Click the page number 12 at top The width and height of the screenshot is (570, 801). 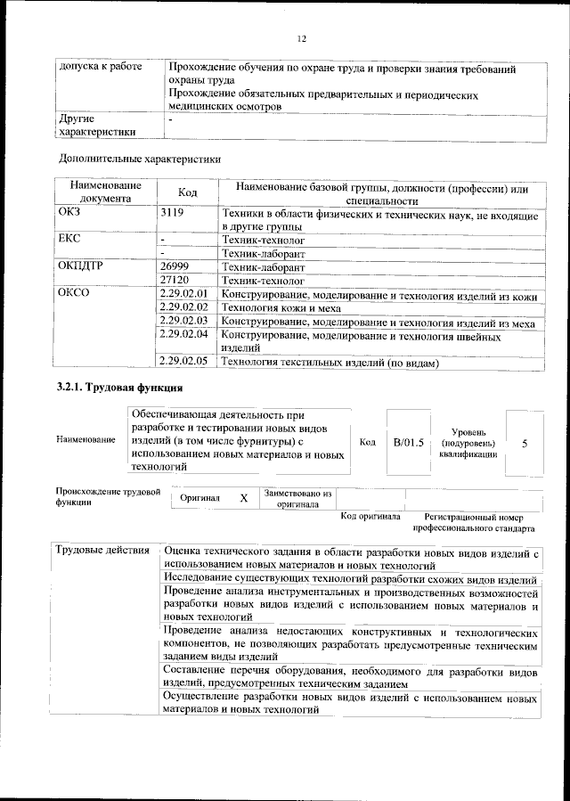(301, 38)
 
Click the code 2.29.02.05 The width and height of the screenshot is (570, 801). (183, 362)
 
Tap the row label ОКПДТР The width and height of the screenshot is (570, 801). (81, 267)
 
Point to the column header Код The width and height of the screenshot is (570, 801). (187, 192)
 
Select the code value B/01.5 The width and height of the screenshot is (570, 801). (409, 442)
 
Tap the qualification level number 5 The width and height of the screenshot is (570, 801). (525, 443)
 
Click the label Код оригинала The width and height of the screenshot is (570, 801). (370, 517)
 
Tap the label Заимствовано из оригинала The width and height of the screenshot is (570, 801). (297, 498)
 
